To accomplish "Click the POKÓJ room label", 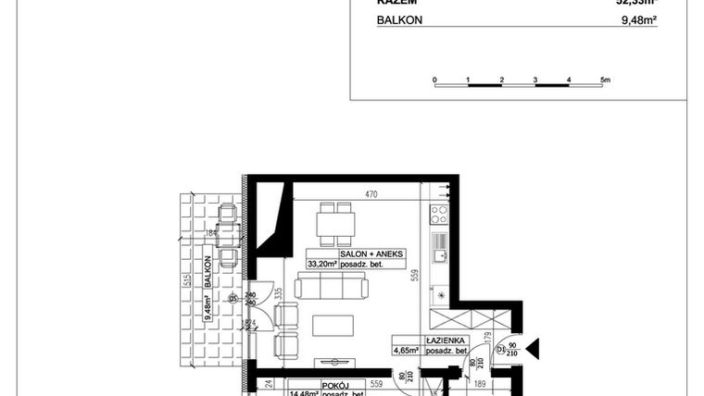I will coord(333,384).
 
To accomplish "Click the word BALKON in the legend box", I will coord(398,19).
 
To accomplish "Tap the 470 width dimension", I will coord(371,195).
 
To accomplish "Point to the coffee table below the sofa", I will coord(333,326).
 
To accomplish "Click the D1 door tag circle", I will coord(500,350).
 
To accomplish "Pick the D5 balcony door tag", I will coord(233,298).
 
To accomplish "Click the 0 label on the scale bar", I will coord(434,80).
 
